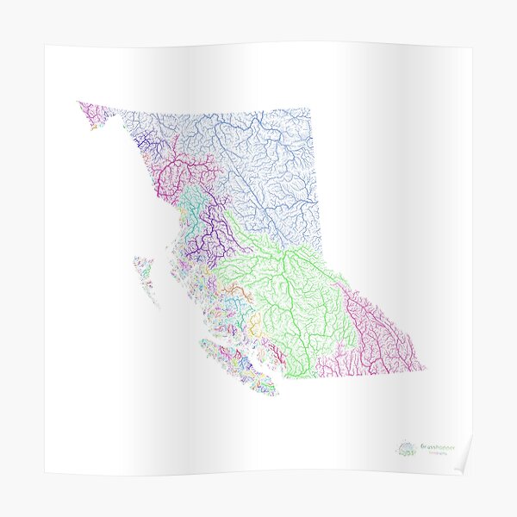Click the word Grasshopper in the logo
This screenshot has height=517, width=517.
pyautogui.click(x=440, y=445)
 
